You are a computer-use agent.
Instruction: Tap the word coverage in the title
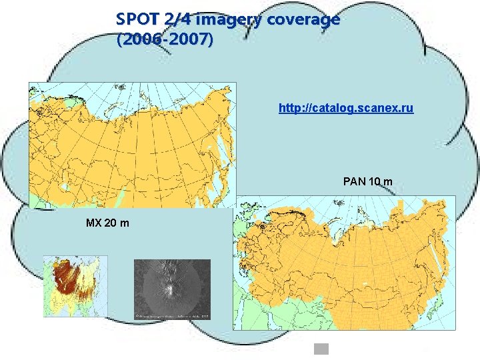303,19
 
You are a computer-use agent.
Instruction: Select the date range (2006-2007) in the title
165,40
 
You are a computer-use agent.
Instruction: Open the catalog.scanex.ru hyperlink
346,107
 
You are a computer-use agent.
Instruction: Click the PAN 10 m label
367,181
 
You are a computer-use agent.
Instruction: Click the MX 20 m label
107,222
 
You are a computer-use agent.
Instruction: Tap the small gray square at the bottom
322,349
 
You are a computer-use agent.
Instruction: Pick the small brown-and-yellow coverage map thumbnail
75,286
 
